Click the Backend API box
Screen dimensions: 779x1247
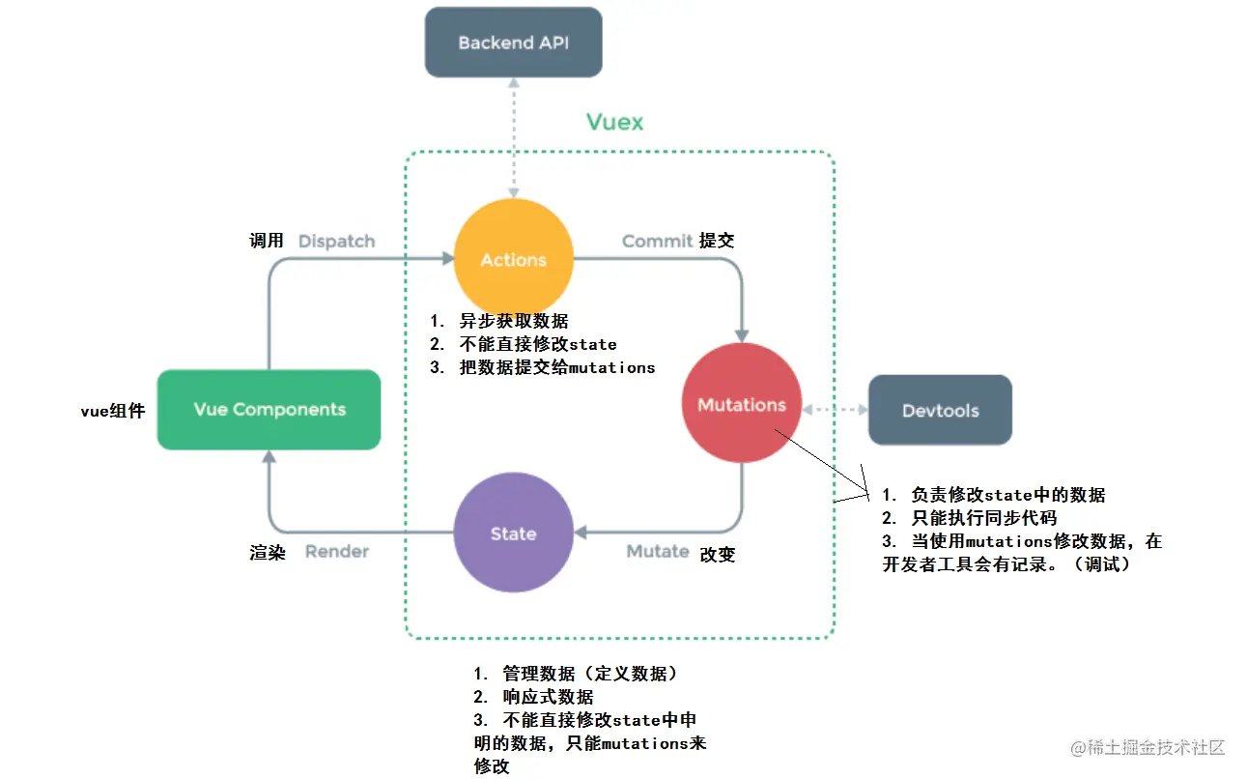click(514, 43)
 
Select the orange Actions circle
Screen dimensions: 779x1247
click(514, 259)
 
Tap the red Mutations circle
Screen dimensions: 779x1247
click(742, 405)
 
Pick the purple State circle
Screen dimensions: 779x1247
click(513, 534)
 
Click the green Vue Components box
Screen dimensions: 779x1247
click(269, 410)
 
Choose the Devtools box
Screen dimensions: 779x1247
click(940, 411)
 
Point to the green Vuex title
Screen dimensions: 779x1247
click(614, 122)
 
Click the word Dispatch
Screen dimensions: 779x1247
click(336, 241)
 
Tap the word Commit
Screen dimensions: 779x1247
click(657, 241)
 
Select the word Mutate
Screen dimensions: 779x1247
click(658, 552)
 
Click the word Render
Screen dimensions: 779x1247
click(337, 552)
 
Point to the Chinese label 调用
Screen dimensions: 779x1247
click(267, 241)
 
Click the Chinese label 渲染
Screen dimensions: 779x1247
click(267, 553)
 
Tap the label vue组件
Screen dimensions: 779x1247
click(112, 411)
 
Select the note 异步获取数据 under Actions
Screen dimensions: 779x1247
click(513, 321)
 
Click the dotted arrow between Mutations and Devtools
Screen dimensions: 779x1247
click(836, 410)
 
